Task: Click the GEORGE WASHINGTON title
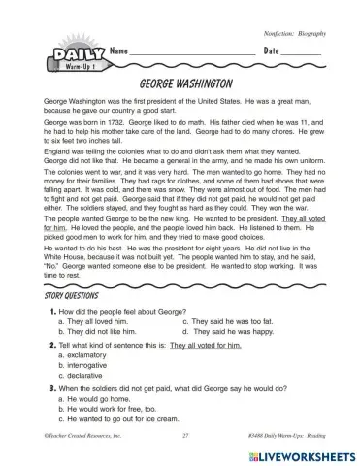click(x=180, y=84)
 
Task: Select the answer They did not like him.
click(x=101, y=331)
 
